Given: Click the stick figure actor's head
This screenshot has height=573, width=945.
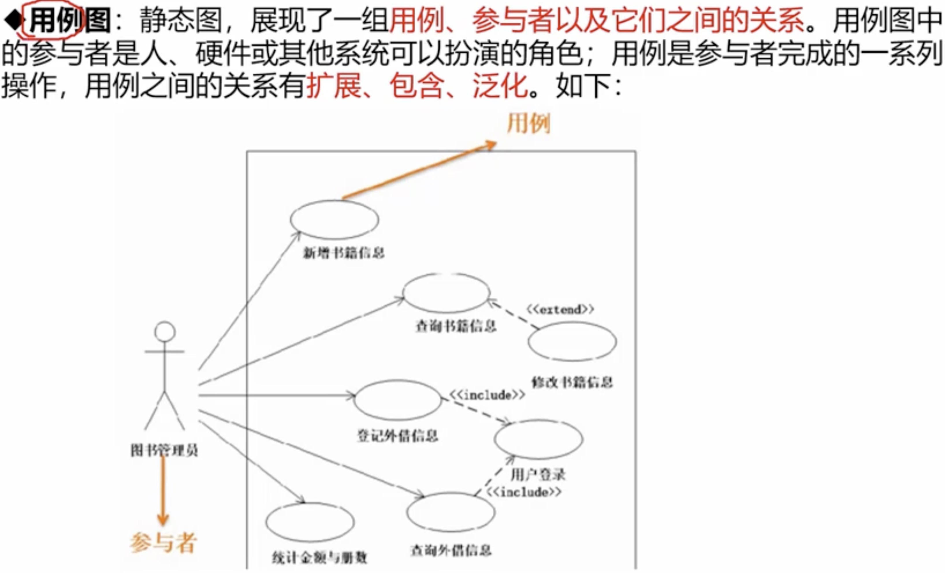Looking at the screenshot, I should [x=165, y=332].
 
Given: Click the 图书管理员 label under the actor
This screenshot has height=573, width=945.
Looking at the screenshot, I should [x=164, y=450].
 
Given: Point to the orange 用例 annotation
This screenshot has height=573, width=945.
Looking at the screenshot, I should [x=529, y=123].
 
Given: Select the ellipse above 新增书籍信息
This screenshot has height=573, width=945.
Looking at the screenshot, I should [x=334, y=220].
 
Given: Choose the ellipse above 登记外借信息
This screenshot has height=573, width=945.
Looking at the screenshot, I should [x=398, y=400].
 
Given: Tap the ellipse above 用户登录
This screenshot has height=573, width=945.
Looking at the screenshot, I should [x=538, y=439].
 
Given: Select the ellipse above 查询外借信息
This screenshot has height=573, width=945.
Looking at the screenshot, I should [x=451, y=512].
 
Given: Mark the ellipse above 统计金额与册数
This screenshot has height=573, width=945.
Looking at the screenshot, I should [x=310, y=522].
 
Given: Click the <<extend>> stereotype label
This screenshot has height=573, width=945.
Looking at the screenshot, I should [x=560, y=309].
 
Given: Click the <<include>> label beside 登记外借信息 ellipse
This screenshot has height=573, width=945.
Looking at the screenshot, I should [x=487, y=395].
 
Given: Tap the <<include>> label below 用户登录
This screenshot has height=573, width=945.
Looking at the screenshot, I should [x=524, y=492].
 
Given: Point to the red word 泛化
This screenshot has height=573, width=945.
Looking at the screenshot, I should [x=500, y=85].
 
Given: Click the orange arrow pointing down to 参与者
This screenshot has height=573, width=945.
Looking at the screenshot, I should [x=163, y=491].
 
